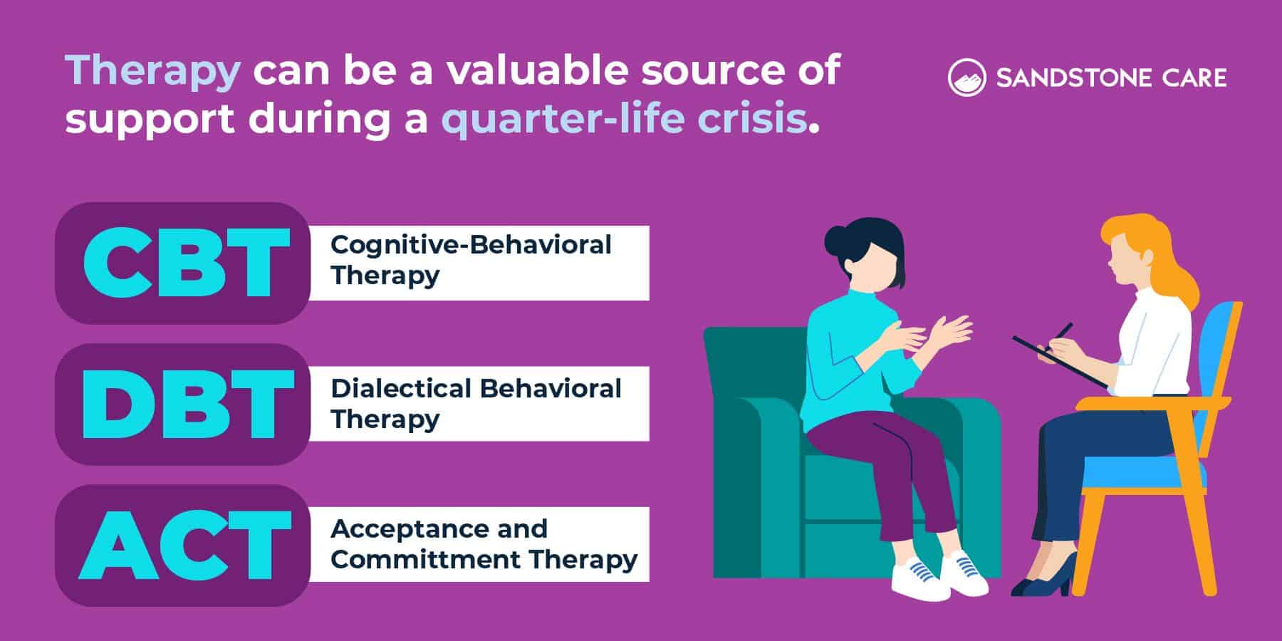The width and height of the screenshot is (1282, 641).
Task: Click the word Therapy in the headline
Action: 152,71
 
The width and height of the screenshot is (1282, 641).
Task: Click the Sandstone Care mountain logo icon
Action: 966,78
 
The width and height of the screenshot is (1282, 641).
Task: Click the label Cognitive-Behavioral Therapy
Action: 470,260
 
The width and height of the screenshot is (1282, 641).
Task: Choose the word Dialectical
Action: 400,389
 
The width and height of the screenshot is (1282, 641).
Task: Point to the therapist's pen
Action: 1063,333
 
